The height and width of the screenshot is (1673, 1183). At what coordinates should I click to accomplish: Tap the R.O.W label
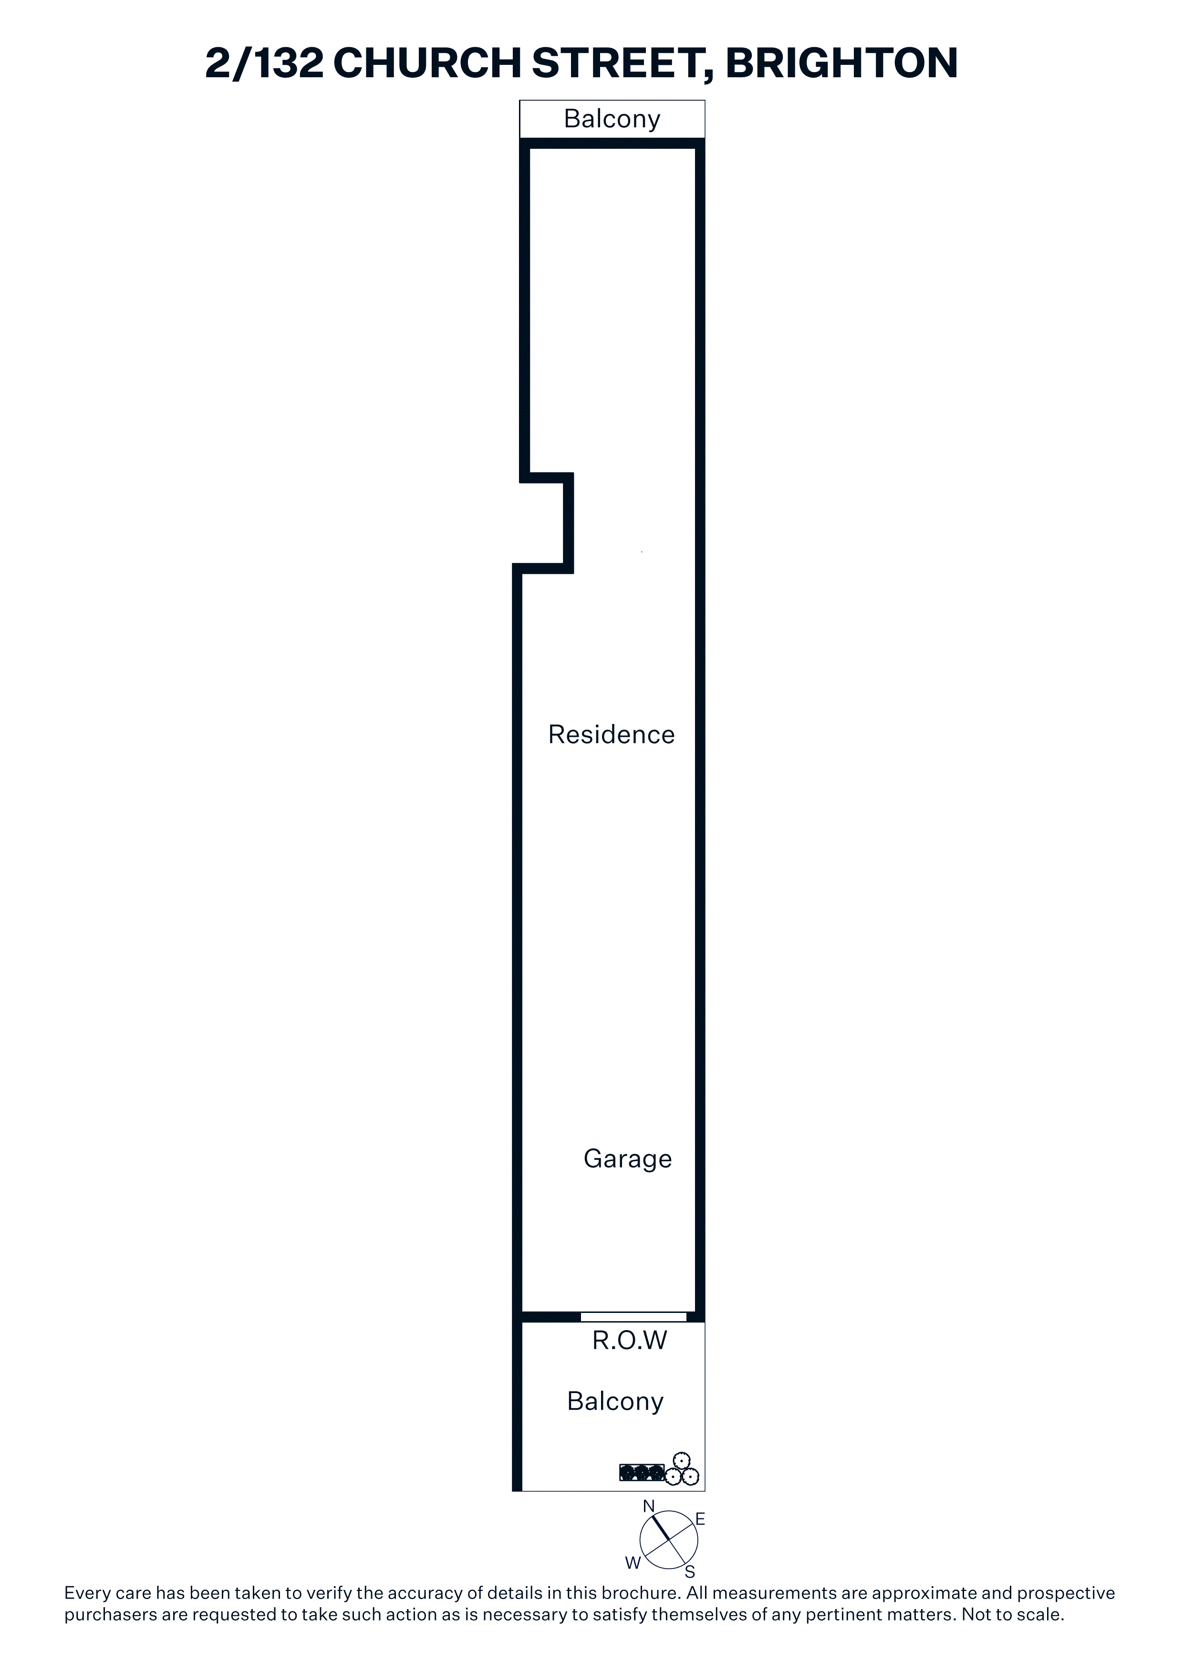(x=629, y=1341)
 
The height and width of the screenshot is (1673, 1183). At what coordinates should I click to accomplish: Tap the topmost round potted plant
(x=682, y=1459)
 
